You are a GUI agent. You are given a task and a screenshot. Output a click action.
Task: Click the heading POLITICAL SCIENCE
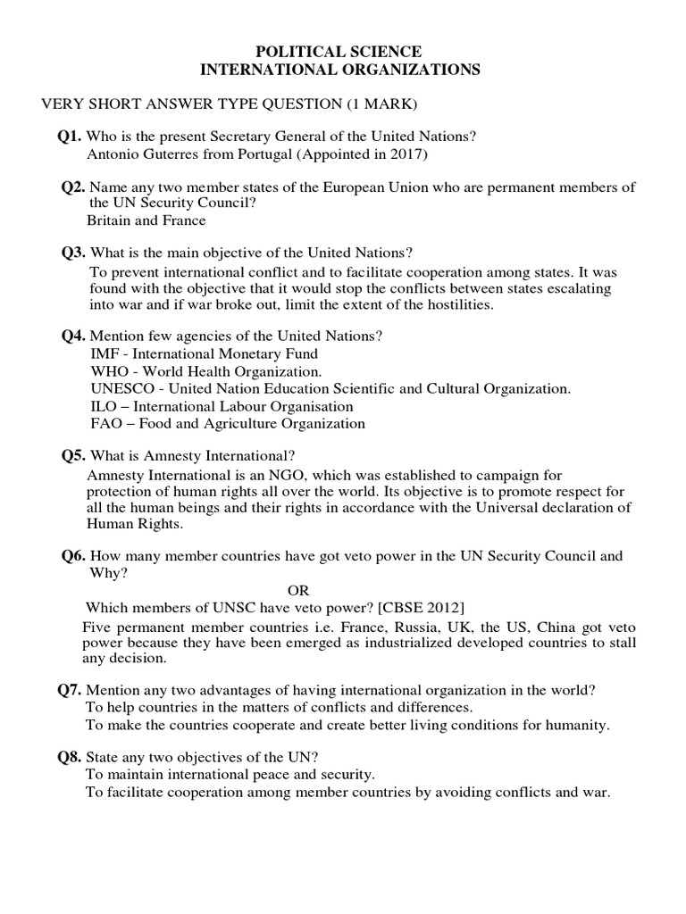click(343, 53)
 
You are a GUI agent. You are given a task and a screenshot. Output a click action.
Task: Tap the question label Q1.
click(70, 137)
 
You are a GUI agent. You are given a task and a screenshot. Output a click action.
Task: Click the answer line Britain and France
click(146, 220)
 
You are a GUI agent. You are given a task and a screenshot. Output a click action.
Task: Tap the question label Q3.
click(73, 253)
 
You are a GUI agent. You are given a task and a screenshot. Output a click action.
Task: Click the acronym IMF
click(104, 353)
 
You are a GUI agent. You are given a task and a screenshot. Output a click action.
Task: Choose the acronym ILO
click(103, 406)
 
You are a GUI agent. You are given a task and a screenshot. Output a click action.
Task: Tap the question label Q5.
click(73, 456)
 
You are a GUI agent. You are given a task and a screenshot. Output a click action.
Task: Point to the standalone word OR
click(298, 590)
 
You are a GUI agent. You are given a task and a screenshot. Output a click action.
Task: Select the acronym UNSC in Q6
click(225, 608)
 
